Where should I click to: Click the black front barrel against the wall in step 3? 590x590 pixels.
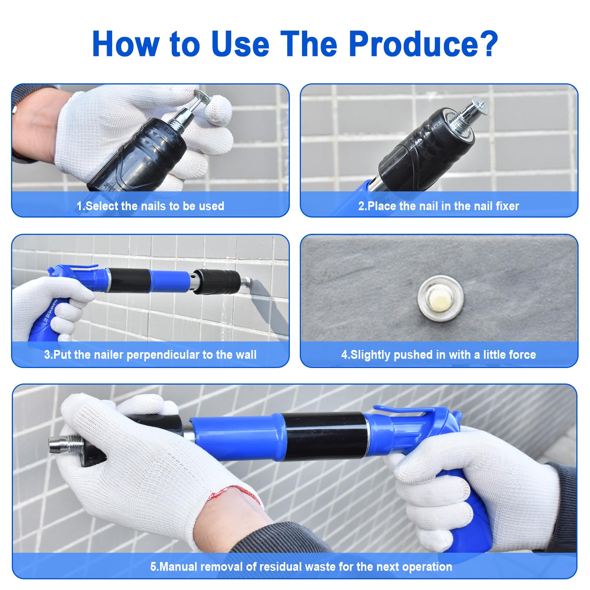pyautogui.click(x=218, y=281)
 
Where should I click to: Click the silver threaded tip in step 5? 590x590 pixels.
pyautogui.click(x=65, y=444)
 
